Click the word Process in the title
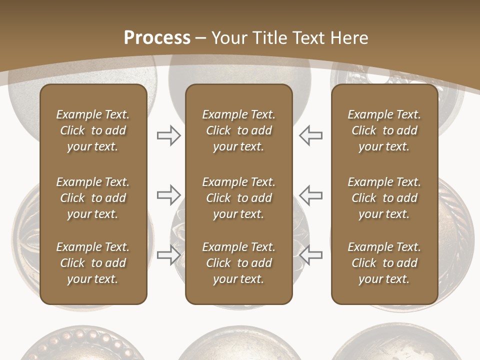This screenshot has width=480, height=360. [x=157, y=38]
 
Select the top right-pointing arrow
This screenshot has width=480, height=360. [x=168, y=135]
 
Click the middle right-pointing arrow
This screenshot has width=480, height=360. [x=168, y=195]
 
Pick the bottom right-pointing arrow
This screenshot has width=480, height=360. [x=168, y=254]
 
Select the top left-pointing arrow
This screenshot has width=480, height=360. [x=311, y=135]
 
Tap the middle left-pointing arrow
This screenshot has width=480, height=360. [x=311, y=195]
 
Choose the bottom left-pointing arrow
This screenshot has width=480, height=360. [x=311, y=254]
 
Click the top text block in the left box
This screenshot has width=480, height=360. [x=93, y=130]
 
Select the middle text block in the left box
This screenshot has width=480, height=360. [x=93, y=198]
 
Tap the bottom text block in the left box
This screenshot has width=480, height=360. [x=93, y=263]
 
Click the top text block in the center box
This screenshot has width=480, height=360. [x=238, y=130]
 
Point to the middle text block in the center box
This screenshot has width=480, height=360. [x=238, y=198]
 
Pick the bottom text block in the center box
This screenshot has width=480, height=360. [x=238, y=263]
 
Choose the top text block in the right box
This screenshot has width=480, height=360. [x=384, y=130]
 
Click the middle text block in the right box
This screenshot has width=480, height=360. [x=384, y=198]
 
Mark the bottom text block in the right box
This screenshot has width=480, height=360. [x=384, y=263]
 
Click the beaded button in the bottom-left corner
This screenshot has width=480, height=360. [x=80, y=345]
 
